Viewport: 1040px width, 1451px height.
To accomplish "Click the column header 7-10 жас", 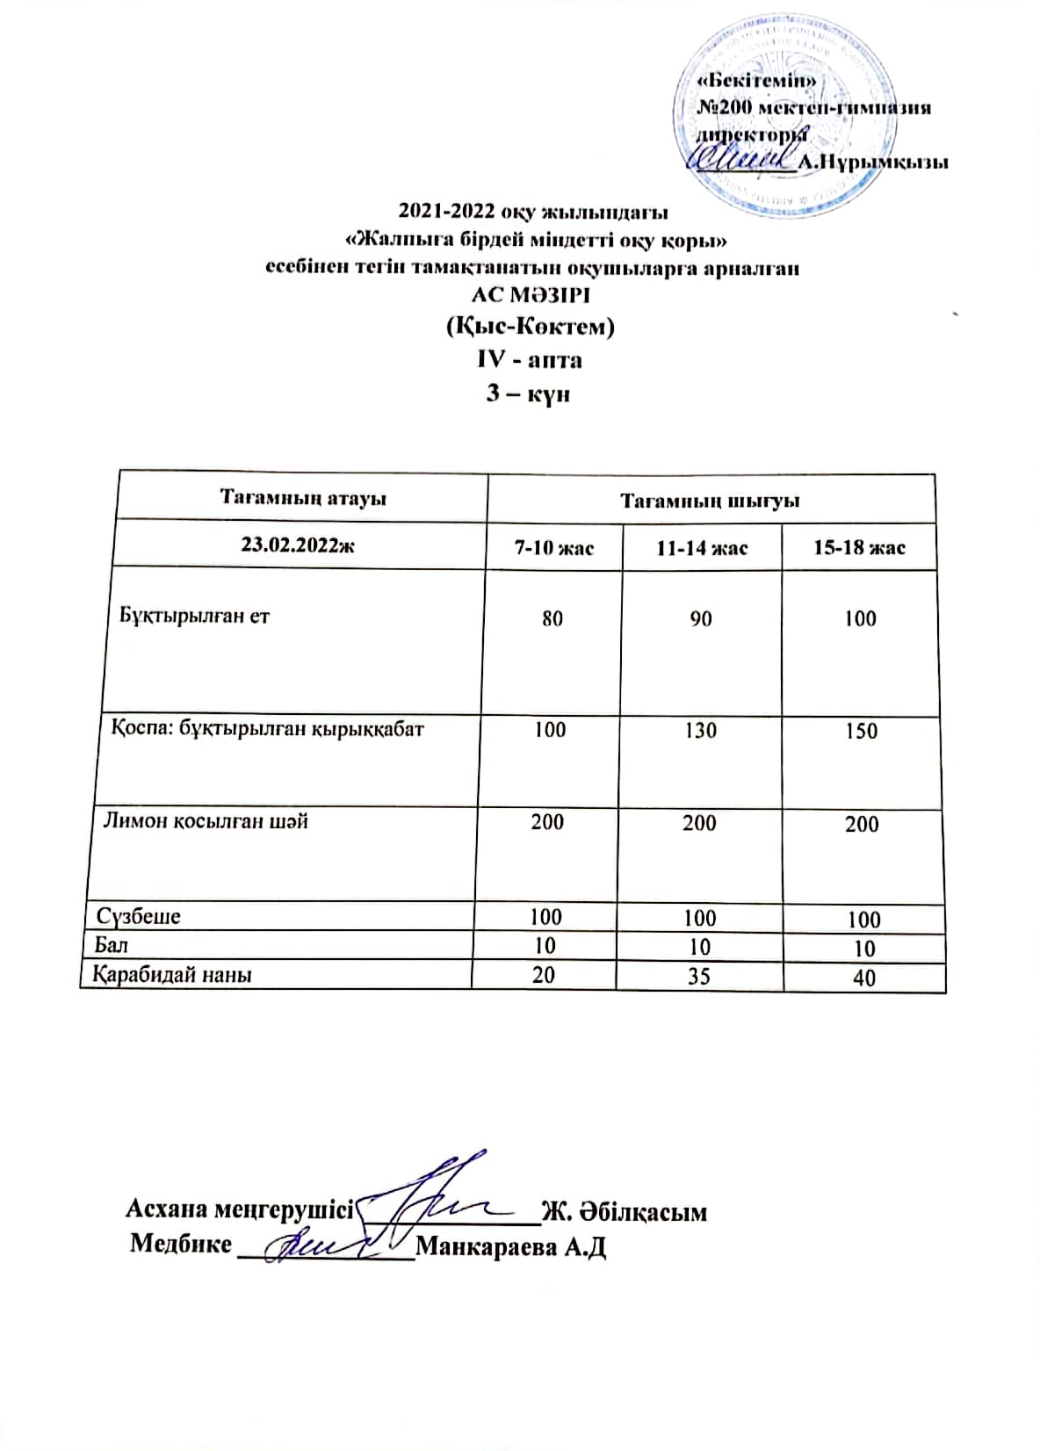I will click(553, 548).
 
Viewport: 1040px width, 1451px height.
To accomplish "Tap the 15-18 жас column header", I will click(859, 548).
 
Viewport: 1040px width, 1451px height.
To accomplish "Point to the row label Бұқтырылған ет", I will click(194, 615).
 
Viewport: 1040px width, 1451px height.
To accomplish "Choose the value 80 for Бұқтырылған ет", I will click(552, 618).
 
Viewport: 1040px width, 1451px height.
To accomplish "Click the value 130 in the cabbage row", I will click(701, 730).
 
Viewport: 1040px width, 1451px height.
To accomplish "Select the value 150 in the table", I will click(861, 731).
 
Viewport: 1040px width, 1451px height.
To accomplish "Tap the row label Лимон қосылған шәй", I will click(206, 821).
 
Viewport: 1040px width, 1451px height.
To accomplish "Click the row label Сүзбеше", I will click(139, 916).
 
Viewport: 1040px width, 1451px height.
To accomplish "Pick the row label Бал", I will click(112, 945).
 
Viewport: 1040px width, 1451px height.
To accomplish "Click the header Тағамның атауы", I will click(303, 498).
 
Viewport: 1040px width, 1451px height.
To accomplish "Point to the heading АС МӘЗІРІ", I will click(531, 294).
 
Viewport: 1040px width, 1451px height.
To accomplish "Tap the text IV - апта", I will click(529, 359).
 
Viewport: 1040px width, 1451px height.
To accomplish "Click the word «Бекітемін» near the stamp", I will click(756, 81).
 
